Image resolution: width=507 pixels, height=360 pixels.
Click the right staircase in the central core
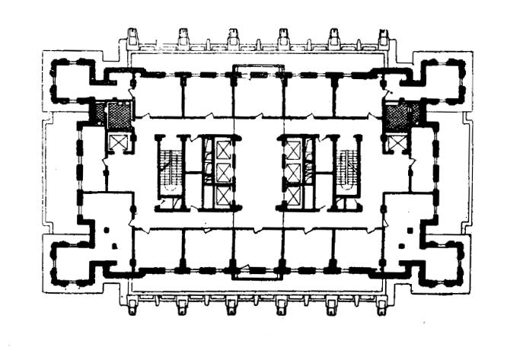347,171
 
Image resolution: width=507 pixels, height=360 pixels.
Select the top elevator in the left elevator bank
222,149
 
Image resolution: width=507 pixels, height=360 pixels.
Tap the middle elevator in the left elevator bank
222,173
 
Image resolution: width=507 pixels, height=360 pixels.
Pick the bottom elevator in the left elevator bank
222,196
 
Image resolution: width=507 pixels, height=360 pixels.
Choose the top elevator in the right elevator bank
293,151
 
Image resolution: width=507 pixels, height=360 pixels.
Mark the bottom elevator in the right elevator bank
293,195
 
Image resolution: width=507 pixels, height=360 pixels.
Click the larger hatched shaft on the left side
118,116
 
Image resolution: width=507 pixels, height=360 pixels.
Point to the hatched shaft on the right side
396,116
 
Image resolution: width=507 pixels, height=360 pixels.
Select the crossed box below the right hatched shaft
397,142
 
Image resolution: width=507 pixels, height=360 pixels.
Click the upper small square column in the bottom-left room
106,229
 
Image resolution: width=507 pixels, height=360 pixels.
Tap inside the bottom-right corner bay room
442,263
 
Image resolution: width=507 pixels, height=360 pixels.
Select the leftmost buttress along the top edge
132,37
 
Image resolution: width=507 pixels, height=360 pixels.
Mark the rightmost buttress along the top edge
383,37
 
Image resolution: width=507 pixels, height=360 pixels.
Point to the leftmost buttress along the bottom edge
132,306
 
